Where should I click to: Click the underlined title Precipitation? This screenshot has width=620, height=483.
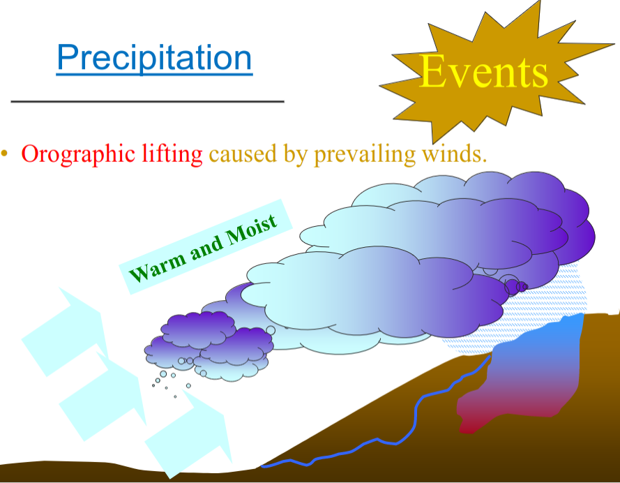coord(154,58)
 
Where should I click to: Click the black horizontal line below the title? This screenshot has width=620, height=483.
coord(147,102)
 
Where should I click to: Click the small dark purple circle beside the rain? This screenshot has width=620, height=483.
coord(512,286)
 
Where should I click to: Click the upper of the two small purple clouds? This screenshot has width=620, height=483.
coord(199,327)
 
